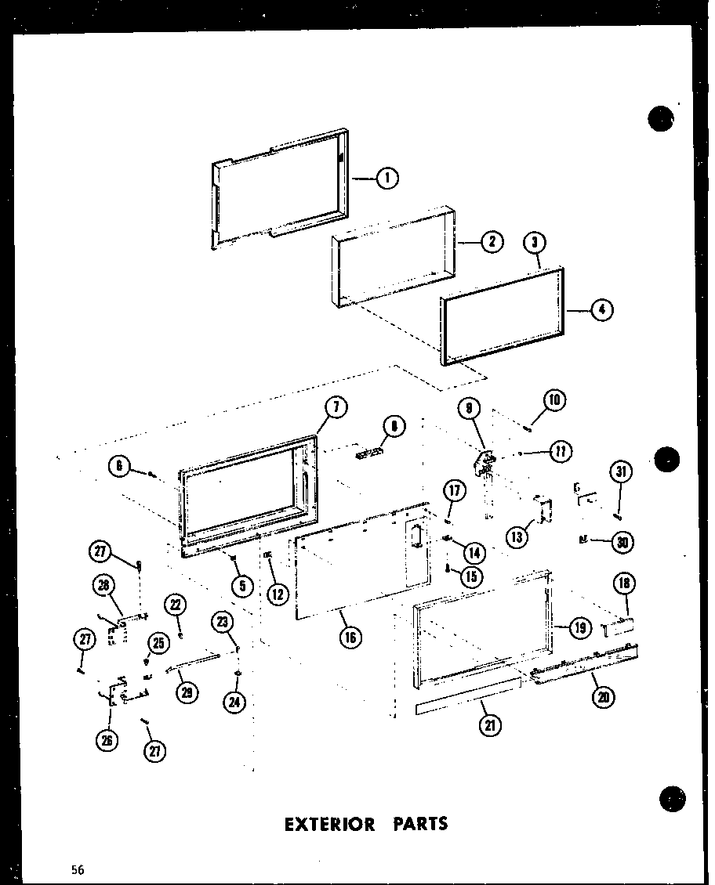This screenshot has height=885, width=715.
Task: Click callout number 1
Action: point(387,179)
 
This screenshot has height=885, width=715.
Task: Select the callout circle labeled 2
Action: point(492,242)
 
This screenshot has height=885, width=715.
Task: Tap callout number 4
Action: point(601,311)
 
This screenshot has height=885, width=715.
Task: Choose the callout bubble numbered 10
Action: point(553,401)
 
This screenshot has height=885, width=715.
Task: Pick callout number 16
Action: point(349,637)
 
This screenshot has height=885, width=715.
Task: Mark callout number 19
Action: point(579,626)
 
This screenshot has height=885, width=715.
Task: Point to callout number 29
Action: point(187,692)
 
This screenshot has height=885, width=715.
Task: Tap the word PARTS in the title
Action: point(419,824)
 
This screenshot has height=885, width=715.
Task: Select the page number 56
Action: point(77,869)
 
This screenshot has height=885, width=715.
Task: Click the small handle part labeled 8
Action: point(370,452)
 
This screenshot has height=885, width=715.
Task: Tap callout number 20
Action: point(604,697)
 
